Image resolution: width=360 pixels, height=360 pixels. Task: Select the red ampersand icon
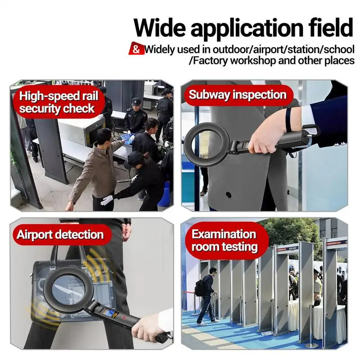coord(136,49)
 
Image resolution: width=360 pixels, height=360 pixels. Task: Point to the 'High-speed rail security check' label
coord(57,102)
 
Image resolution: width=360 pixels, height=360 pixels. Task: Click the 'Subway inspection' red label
coord(237,95)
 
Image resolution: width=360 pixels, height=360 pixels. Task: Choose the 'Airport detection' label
coord(60,234)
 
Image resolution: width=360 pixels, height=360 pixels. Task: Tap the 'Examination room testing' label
coord(224,240)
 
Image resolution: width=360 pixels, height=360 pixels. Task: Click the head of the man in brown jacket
coord(104,136)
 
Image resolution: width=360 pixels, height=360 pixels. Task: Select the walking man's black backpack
coord(198,288)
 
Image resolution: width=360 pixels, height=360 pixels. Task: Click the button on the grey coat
coord(228,195)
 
